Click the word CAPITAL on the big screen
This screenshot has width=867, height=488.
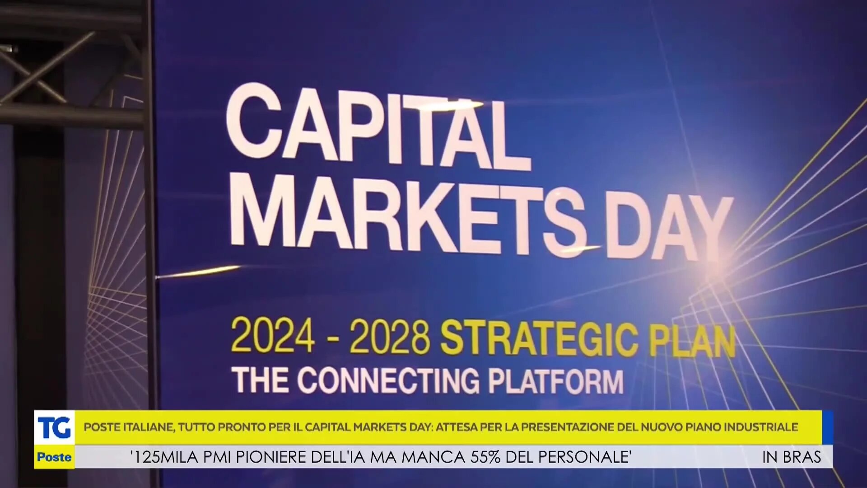click(x=378, y=127)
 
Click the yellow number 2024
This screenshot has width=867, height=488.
click(x=273, y=335)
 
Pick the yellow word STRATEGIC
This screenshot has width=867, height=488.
click(x=540, y=339)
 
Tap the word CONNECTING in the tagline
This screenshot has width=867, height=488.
click(x=388, y=380)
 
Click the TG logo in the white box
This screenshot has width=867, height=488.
click(x=54, y=427)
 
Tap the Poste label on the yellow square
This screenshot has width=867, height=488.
click(x=54, y=457)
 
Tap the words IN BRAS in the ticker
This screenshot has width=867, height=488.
click(x=792, y=457)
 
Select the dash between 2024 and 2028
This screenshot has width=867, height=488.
click(x=333, y=338)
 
